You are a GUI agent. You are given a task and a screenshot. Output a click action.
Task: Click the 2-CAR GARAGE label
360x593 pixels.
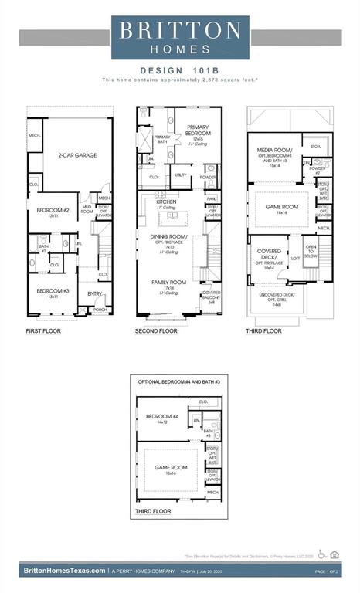click(x=77, y=155)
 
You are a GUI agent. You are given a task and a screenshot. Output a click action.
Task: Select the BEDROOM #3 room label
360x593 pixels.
click(x=51, y=293)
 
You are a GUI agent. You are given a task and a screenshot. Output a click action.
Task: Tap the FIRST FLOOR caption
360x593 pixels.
click(x=44, y=330)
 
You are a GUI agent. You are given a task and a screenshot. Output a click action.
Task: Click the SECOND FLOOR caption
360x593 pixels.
click(x=158, y=330)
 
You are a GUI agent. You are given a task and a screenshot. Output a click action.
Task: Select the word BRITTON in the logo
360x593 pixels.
click(x=179, y=30)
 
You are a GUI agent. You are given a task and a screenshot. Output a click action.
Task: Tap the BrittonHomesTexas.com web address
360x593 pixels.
click(x=64, y=571)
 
